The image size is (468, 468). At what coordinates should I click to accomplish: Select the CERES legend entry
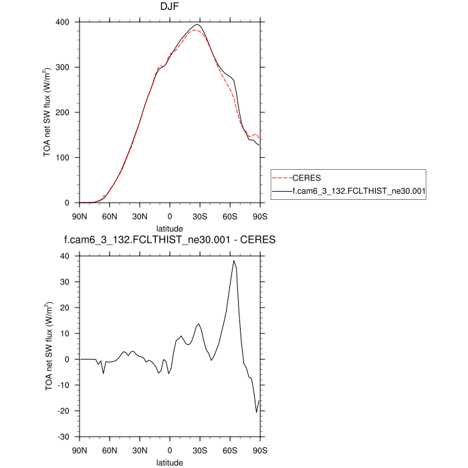(307, 179)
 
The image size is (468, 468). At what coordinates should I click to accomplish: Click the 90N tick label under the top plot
(79, 215)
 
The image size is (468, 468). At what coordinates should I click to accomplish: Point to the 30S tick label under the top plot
(200, 215)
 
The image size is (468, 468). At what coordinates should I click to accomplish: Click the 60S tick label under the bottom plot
(230, 449)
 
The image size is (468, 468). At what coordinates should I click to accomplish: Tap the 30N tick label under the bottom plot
(139, 449)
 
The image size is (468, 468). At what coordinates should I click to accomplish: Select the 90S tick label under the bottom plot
(260, 449)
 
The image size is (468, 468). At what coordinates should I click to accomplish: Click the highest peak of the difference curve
(233, 261)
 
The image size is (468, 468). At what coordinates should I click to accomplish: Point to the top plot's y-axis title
(48, 112)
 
